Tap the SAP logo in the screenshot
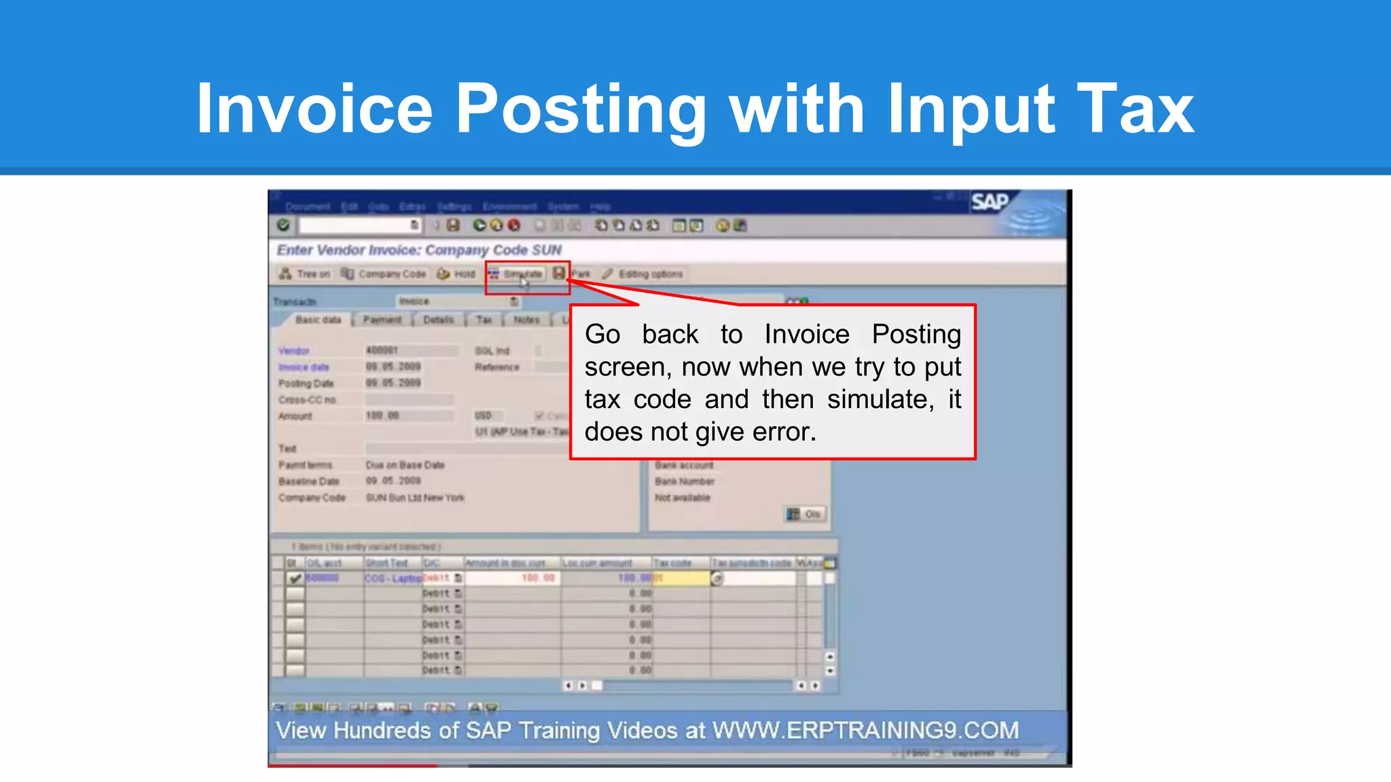(990, 202)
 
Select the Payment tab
(382, 320)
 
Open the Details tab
(438, 320)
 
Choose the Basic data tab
(318, 320)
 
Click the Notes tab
(526, 320)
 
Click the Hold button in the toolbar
(457, 274)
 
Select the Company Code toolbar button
(384, 274)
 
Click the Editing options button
(643, 274)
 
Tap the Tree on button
(305, 274)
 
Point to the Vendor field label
(293, 351)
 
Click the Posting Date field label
(306, 384)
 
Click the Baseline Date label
(308, 481)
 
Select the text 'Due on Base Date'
(405, 465)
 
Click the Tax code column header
(672, 563)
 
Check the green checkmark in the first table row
(295, 578)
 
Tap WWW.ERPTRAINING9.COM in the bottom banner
(865, 730)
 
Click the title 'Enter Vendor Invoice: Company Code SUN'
(419, 250)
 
